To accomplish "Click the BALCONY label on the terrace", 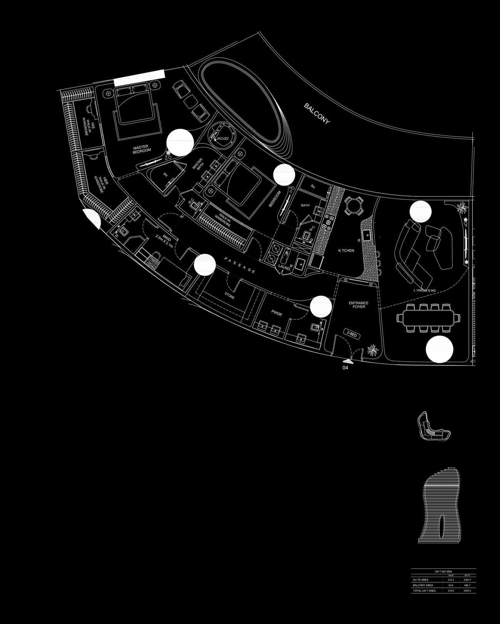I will point(317,114).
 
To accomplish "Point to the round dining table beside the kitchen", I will point(353,205).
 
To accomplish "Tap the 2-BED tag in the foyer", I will point(352,335).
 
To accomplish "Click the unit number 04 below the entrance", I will point(345,368).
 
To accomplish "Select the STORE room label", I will point(230,297).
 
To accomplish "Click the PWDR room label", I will point(277,314).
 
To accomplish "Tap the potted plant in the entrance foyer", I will point(372,350).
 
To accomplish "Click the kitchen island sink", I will point(367,234).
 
